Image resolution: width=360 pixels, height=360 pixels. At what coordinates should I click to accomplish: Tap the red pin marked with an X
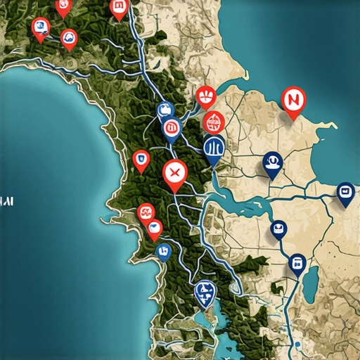tap(174, 172)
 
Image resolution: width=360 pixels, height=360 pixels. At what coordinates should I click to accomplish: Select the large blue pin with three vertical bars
tap(214, 148)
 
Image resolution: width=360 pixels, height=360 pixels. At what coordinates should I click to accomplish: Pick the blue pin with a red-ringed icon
tap(170, 129)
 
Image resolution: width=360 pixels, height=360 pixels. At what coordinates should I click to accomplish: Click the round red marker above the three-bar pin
tap(213, 122)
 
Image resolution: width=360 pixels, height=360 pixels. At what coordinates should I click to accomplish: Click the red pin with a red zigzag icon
tap(146, 210)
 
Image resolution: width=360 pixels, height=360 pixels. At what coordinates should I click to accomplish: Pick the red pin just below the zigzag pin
tap(154, 228)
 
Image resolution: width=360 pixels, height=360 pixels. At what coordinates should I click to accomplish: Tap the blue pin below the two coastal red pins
tap(163, 250)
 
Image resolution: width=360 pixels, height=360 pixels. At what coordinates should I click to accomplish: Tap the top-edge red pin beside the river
tap(119, 8)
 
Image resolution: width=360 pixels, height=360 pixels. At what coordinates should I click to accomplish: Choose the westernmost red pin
tap(41, 28)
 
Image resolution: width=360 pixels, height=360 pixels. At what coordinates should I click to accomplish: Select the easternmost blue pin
tap(345, 192)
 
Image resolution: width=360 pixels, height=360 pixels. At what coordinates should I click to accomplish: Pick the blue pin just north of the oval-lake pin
tap(279, 229)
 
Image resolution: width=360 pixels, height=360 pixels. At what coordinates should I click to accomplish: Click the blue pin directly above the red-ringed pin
tap(165, 110)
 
